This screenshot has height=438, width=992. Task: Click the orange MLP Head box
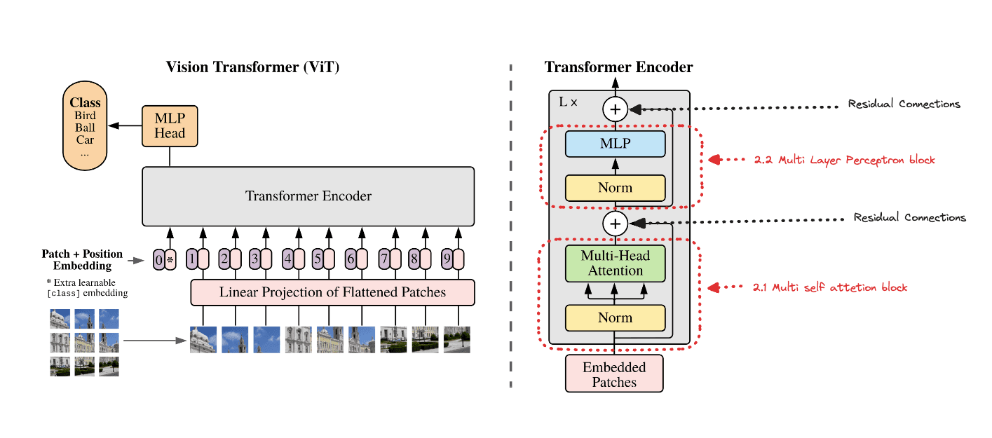coord(170,126)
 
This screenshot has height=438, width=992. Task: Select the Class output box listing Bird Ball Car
coord(85,127)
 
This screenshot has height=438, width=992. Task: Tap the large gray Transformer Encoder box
coord(308,196)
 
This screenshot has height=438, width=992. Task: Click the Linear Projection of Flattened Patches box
coord(332,292)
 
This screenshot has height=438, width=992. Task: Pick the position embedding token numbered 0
coord(159,260)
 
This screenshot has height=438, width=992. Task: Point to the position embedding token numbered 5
coord(318,260)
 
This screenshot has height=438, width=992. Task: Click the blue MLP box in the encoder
coord(615,144)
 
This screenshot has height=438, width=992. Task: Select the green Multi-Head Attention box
coord(615,264)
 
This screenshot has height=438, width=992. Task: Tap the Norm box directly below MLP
coord(615,188)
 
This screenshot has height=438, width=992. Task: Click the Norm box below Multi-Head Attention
coord(615,317)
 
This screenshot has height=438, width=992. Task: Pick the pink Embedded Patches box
coord(614,374)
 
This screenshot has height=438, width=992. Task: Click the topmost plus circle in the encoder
coord(615,109)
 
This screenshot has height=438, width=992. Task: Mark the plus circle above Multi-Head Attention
coord(615,223)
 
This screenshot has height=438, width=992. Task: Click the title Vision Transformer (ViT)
coord(257,67)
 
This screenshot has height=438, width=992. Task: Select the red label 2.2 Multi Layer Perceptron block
coord(844,160)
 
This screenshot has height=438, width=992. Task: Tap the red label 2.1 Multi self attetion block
coord(830,287)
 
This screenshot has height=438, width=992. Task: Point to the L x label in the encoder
coord(568,102)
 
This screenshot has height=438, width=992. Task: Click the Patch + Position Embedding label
coord(82,259)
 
